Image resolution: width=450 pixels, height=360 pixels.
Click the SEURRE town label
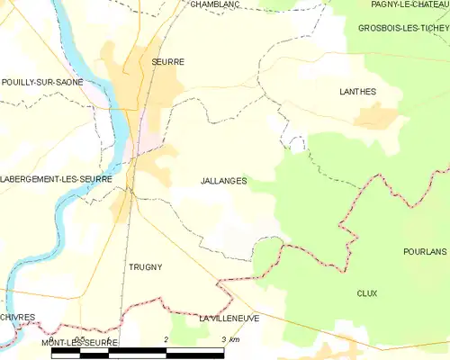point(167,62)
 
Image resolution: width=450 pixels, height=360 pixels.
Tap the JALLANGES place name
point(224,181)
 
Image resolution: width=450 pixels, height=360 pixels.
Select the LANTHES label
point(357,92)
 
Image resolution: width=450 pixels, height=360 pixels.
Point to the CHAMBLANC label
point(213,4)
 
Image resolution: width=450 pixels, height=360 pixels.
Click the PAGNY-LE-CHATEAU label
point(409,4)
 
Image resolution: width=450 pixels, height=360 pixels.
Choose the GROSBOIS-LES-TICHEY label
point(402,28)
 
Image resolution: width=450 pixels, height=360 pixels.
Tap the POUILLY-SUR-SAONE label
point(42,82)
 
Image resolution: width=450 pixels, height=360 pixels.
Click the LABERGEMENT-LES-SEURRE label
point(56,179)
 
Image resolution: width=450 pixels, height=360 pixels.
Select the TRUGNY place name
point(145,267)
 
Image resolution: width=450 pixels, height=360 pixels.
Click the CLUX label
point(366,293)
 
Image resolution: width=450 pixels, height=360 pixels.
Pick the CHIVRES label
point(18,318)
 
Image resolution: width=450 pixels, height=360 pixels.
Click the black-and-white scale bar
point(135,351)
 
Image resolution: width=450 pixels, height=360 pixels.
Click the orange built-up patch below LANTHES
point(376,115)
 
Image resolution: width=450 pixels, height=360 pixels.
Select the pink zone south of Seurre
point(148,144)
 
